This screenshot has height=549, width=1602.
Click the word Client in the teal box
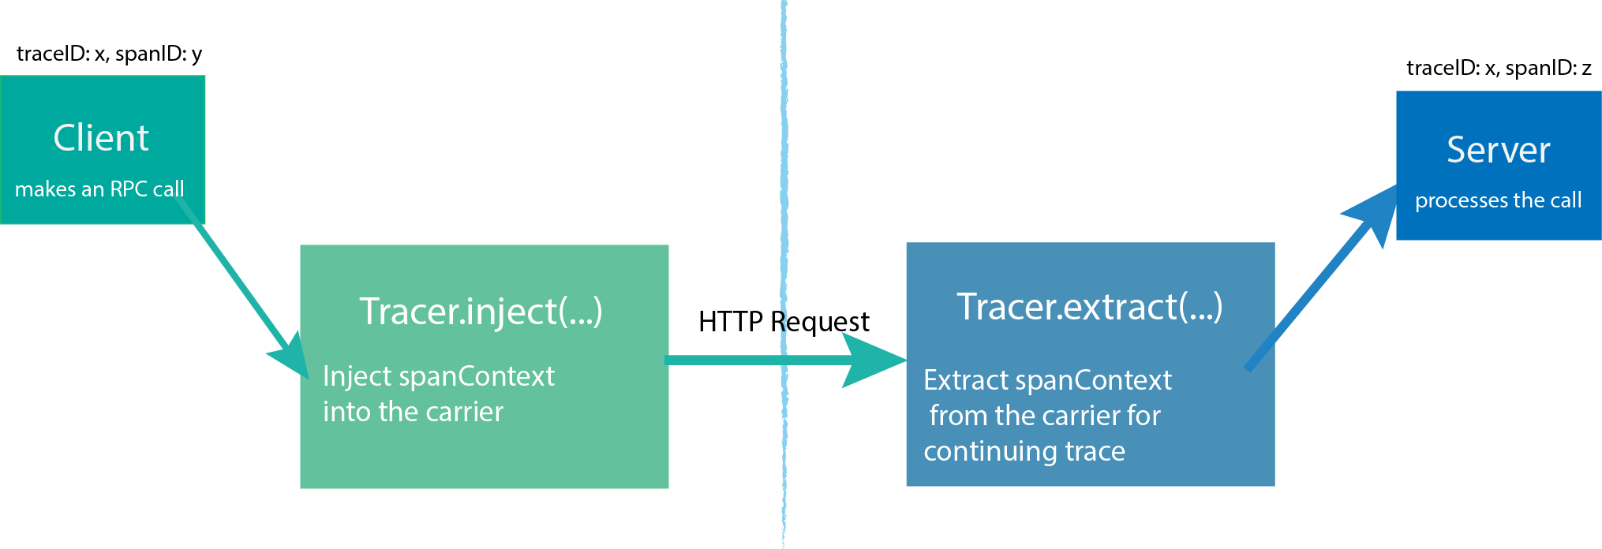[x=101, y=138]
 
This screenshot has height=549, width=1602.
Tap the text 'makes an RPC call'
[x=99, y=189]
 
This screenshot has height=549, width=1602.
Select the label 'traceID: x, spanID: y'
[x=110, y=54]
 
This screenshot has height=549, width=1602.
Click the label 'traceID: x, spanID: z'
[x=1499, y=68]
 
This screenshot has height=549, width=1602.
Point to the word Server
[x=1498, y=150]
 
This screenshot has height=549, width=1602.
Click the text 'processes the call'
[x=1498, y=200]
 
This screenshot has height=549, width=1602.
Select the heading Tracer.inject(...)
[x=481, y=311]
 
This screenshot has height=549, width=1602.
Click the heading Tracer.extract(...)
[x=1090, y=307]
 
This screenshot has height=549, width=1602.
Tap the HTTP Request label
[x=784, y=322]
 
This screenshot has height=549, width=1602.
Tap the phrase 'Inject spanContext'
[x=439, y=376]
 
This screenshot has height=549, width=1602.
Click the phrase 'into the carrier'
[x=413, y=412]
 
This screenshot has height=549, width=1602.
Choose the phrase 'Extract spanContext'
[x=1047, y=380]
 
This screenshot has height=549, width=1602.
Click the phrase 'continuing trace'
[x=1024, y=451]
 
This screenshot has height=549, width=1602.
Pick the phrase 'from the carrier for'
[x=1045, y=416]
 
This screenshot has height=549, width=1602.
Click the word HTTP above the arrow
[x=731, y=322]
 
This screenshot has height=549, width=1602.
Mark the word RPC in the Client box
[x=128, y=189]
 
